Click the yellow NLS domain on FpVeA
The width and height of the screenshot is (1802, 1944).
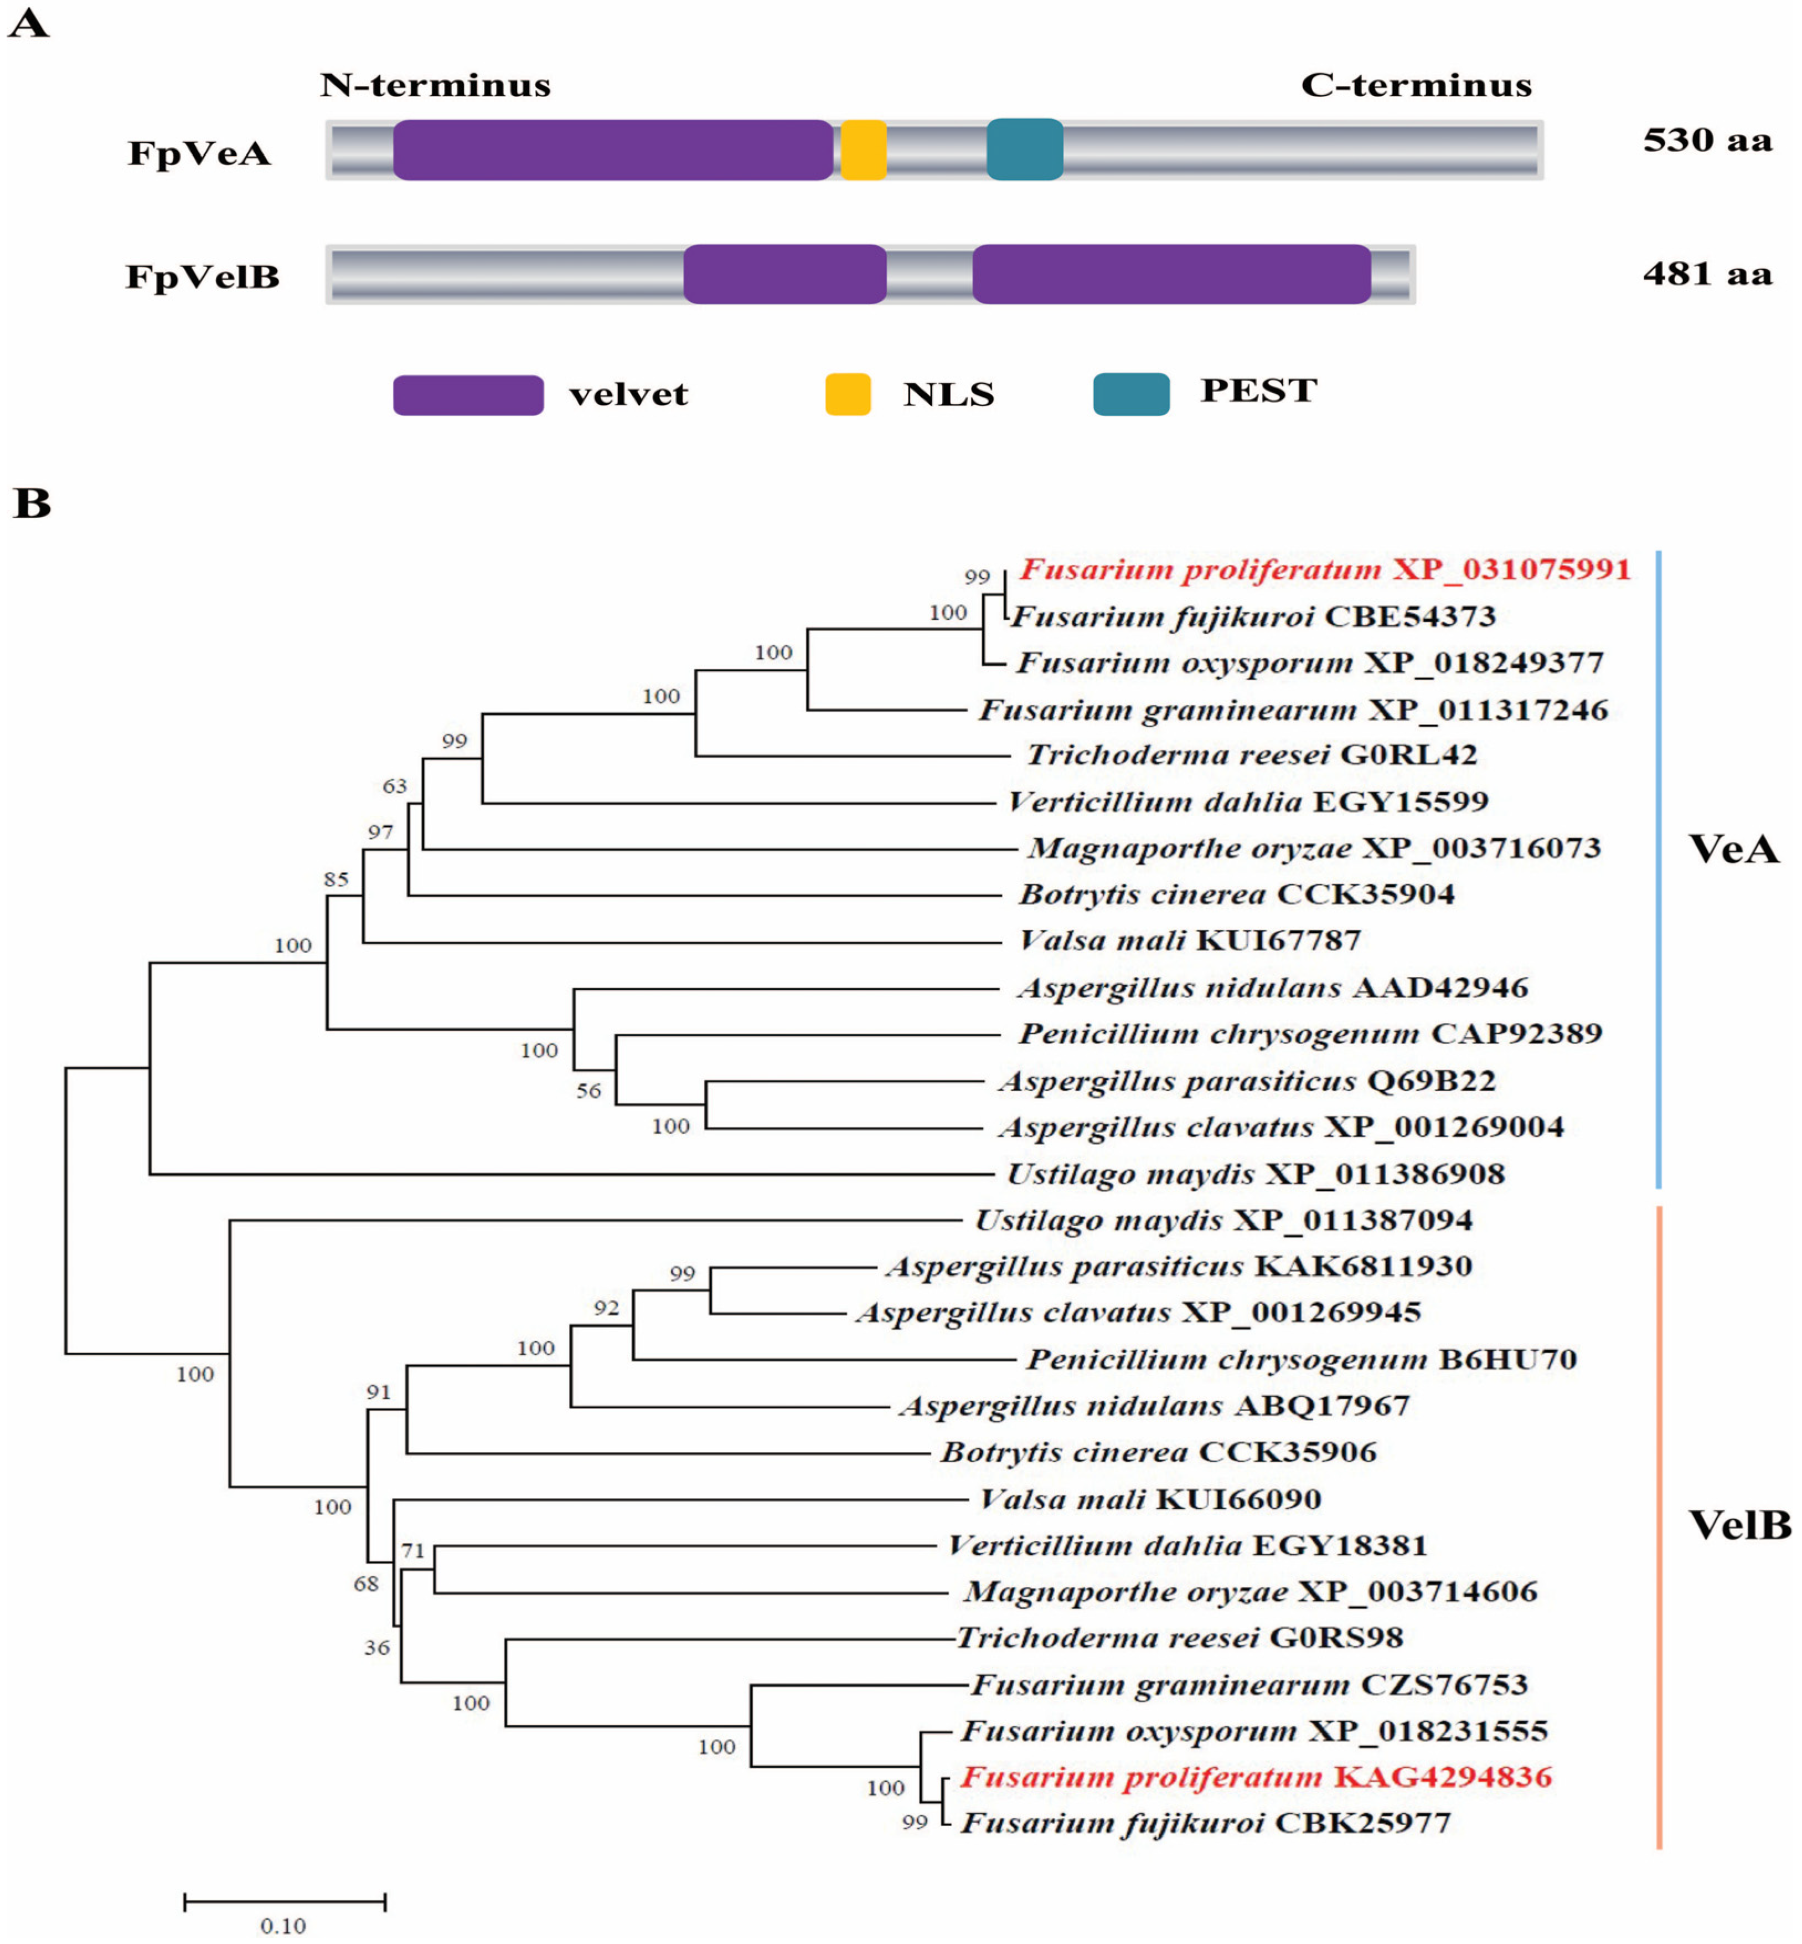[863, 150]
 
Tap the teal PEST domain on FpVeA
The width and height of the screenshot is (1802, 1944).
[1024, 150]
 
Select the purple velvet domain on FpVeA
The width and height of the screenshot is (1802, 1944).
[612, 150]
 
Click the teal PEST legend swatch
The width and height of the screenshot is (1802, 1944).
[1131, 394]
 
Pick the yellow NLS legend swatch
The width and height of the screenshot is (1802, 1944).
[848, 394]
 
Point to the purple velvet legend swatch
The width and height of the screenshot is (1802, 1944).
[468, 395]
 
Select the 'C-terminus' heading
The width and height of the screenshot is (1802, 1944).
[1416, 86]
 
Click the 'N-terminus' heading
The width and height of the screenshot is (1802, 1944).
[435, 86]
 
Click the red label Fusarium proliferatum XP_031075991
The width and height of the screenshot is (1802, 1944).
[1324, 570]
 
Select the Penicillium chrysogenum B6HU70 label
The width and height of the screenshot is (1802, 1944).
[1302, 1359]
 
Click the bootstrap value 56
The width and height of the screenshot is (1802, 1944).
[588, 1091]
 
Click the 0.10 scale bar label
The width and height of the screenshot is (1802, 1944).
[283, 1926]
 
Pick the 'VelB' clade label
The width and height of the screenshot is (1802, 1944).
[1739, 1524]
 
